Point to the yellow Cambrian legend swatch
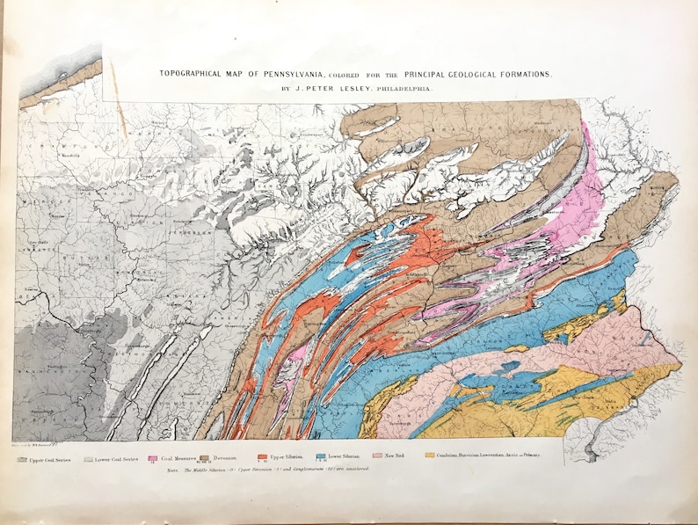(x=430, y=456)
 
